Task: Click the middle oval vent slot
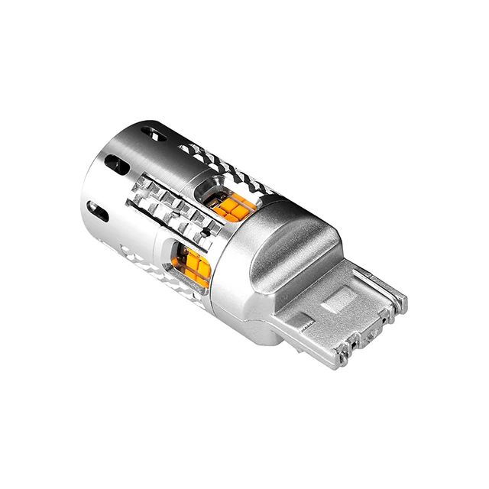click(x=113, y=164)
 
